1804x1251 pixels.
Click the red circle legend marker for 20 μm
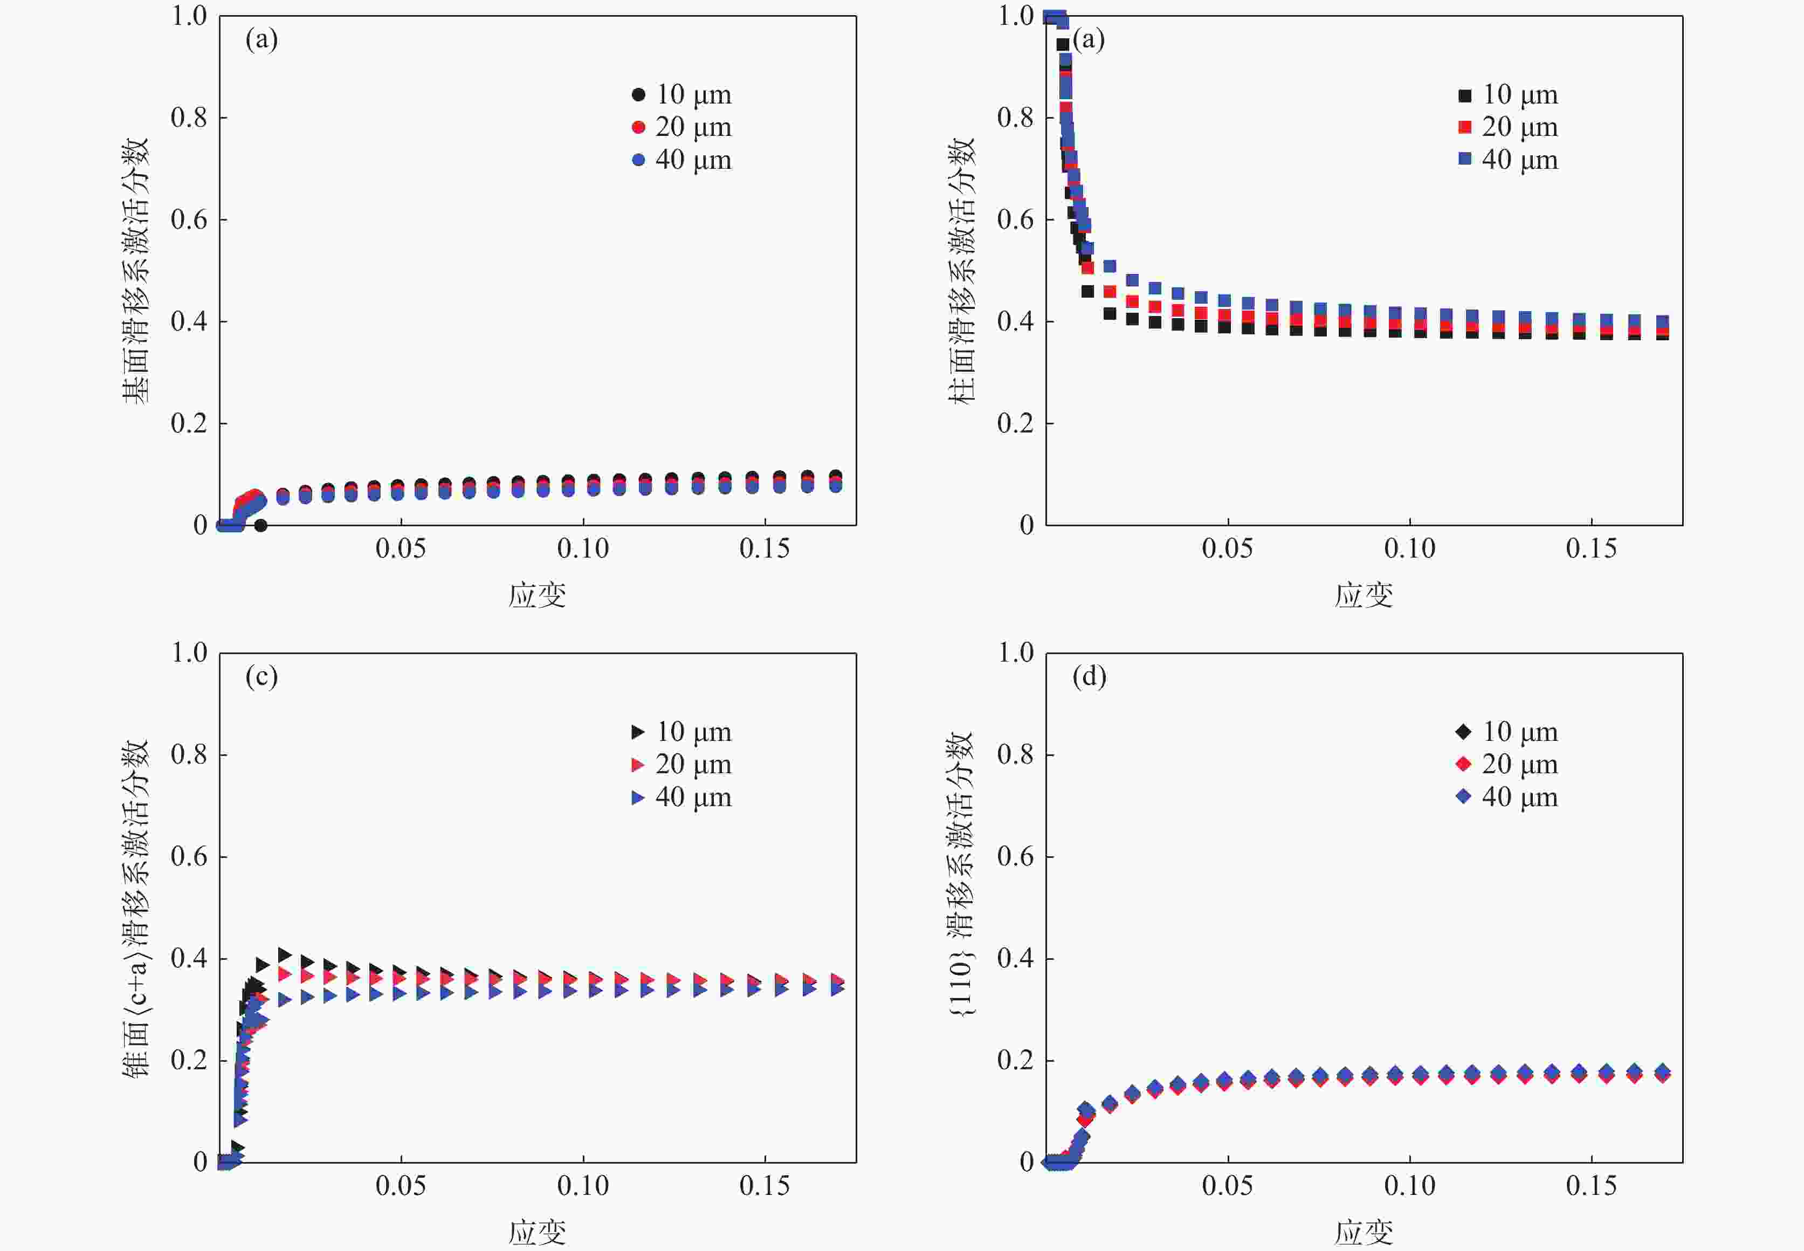(x=638, y=127)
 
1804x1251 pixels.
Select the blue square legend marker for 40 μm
(x=1464, y=159)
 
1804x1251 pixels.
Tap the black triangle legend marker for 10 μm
(x=638, y=731)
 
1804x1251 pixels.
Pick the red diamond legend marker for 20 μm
(x=1463, y=764)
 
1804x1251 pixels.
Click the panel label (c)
(x=261, y=676)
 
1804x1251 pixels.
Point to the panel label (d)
(x=1089, y=676)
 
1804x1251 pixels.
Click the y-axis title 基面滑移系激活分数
(x=135, y=271)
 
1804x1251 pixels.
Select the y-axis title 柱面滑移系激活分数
(x=961, y=271)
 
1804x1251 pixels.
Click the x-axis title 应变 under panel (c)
(x=537, y=1232)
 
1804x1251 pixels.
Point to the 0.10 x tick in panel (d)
(x=1409, y=1186)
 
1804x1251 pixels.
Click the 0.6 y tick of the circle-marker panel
(x=189, y=220)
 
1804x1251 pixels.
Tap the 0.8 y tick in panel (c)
(x=189, y=755)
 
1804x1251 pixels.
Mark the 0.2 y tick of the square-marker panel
(x=1015, y=424)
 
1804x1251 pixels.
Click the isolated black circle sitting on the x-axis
(x=261, y=525)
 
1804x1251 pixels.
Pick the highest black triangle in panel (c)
(x=285, y=955)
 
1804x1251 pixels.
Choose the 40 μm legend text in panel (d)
(x=1519, y=797)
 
